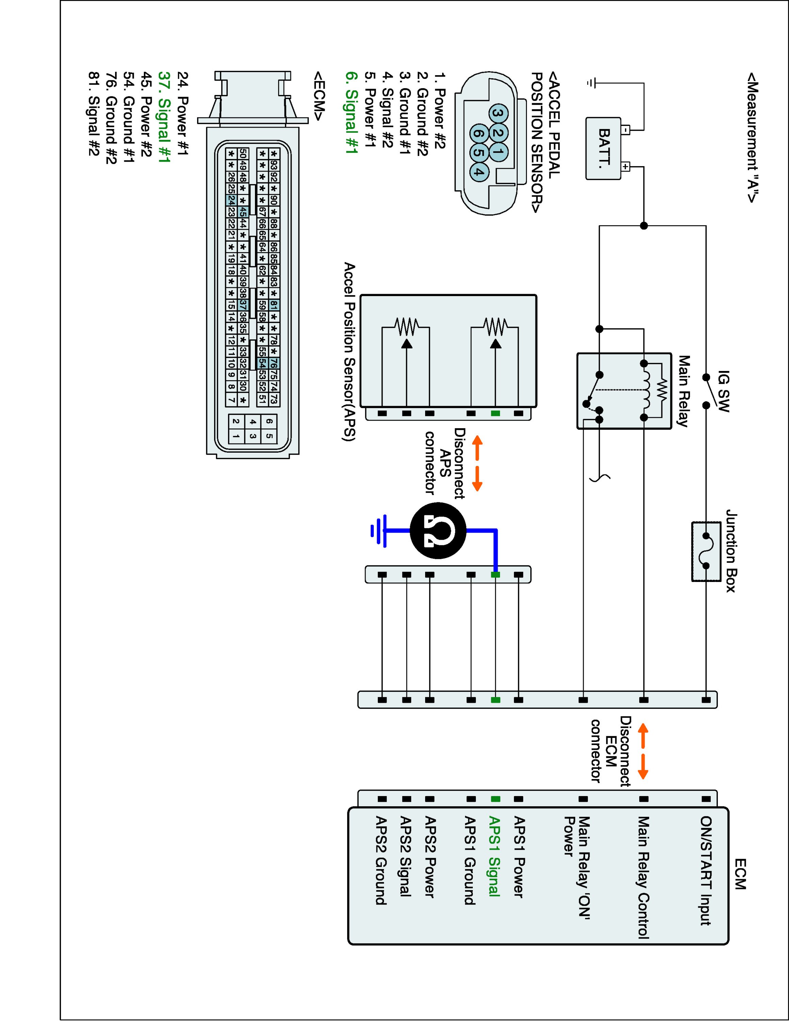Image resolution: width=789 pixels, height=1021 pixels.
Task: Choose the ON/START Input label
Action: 706,871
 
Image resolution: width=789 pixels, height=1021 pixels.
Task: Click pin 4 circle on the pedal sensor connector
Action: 477,172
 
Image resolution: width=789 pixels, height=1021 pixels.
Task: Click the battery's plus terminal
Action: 626,166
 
